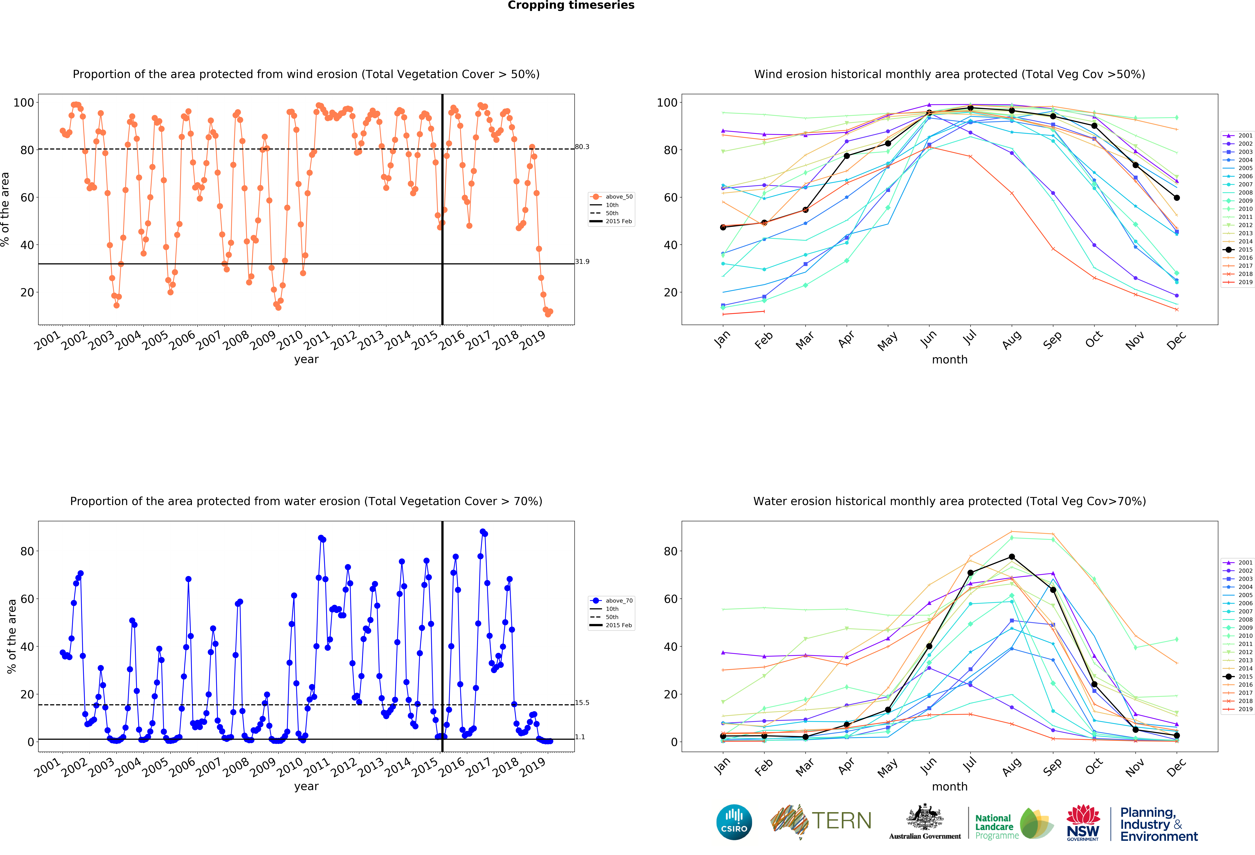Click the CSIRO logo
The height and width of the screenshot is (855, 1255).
[734, 822]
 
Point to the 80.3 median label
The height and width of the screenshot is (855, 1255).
[582, 147]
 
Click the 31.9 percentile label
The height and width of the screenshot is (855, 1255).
[582, 262]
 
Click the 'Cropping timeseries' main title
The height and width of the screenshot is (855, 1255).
[571, 5]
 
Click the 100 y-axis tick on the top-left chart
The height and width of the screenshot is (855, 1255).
[24, 103]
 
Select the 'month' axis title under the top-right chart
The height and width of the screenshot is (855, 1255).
[949, 359]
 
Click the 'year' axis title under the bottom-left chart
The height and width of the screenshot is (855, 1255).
[306, 786]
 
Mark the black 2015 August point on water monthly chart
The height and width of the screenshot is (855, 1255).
[1011, 556]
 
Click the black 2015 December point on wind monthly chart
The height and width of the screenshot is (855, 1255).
[1177, 198]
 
